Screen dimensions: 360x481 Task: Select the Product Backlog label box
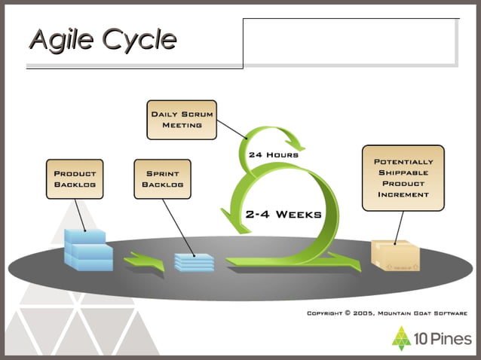pyautogui.click(x=75, y=178)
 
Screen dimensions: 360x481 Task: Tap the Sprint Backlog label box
pyautogui.click(x=162, y=178)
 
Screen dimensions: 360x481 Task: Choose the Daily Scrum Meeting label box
pyautogui.click(x=182, y=120)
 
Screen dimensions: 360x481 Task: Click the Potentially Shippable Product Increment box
pyautogui.click(x=403, y=178)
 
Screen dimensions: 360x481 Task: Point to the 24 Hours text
pyautogui.click(x=273, y=154)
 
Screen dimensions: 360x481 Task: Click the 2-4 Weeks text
pyautogui.click(x=283, y=214)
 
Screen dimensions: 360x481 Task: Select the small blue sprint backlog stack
pyautogui.click(x=194, y=261)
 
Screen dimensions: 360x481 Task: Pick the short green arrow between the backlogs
pyautogui.click(x=143, y=261)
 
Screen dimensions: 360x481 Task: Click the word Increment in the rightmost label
pyautogui.click(x=403, y=194)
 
